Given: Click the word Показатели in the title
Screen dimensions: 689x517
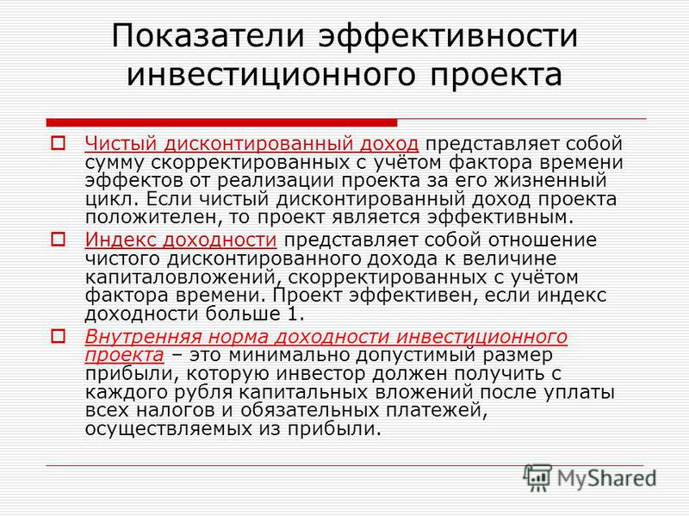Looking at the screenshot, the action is tap(208, 35).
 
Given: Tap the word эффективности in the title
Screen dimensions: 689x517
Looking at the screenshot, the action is tap(448, 35).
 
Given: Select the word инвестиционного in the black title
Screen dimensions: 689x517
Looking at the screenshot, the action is tap(271, 75).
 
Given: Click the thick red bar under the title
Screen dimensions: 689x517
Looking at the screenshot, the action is tap(221, 122).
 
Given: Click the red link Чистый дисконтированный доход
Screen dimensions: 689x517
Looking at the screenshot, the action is tap(251, 144).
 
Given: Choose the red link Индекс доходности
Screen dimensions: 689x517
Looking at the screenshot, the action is tap(181, 240).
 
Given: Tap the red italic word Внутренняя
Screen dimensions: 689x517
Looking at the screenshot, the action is tap(142, 337).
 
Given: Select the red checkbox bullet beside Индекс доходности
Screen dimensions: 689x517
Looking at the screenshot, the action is tap(58, 240).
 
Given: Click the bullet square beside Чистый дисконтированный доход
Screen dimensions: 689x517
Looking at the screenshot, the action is tap(58, 143).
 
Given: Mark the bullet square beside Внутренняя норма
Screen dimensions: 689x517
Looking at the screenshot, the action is tap(58, 337).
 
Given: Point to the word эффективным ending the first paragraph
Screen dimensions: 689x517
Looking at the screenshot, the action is tap(500, 217).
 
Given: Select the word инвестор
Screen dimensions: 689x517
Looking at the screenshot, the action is tap(320, 374).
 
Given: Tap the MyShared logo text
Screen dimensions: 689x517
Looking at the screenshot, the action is tap(607, 478).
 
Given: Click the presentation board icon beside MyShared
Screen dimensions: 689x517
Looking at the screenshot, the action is tap(537, 478).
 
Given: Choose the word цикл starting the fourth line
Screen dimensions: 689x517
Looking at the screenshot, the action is tap(109, 199).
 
